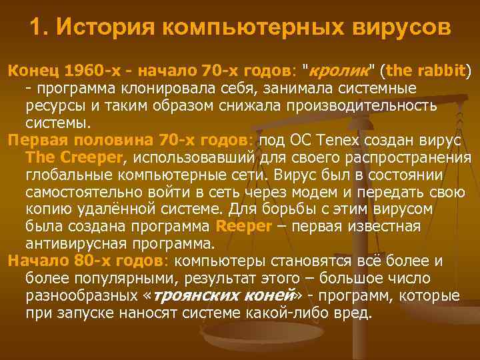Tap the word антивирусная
click(x=83, y=243)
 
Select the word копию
click(x=49, y=209)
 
